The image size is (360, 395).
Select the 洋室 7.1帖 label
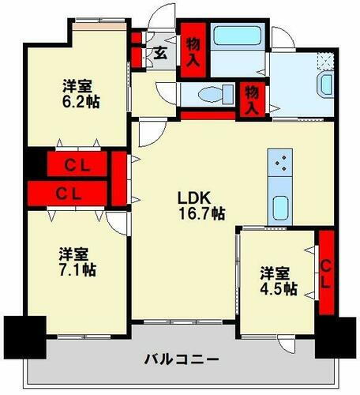(x=77, y=261)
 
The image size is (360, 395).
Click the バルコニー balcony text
(x=182, y=359)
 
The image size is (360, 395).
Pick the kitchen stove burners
(x=280, y=164)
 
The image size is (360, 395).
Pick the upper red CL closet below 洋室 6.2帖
(x=77, y=165)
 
